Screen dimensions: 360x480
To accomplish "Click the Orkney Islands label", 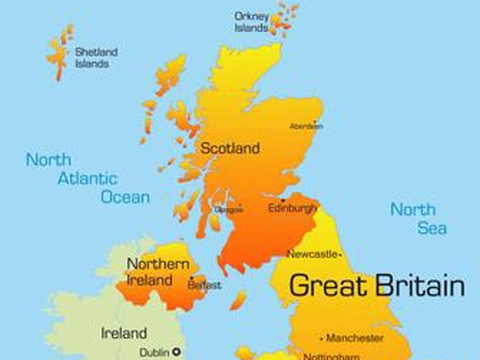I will point(250,21).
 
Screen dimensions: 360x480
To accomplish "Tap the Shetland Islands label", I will point(98,58).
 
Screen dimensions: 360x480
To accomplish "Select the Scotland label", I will point(230,148).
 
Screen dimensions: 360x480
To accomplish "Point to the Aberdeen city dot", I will point(319,125).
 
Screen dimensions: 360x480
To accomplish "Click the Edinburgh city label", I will point(292,208).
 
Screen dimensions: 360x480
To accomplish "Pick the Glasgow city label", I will point(228,209).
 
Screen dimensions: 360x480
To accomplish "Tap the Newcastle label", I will point(312,254).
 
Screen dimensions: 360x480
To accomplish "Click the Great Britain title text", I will point(377,288).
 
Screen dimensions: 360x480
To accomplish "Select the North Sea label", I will point(412,219).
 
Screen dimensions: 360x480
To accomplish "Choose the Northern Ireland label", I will point(159,272).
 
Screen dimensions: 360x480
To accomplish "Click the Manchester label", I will point(355,338).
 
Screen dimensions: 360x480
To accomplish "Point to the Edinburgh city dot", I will point(282,200).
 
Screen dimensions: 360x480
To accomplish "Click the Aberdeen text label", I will point(305,126).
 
